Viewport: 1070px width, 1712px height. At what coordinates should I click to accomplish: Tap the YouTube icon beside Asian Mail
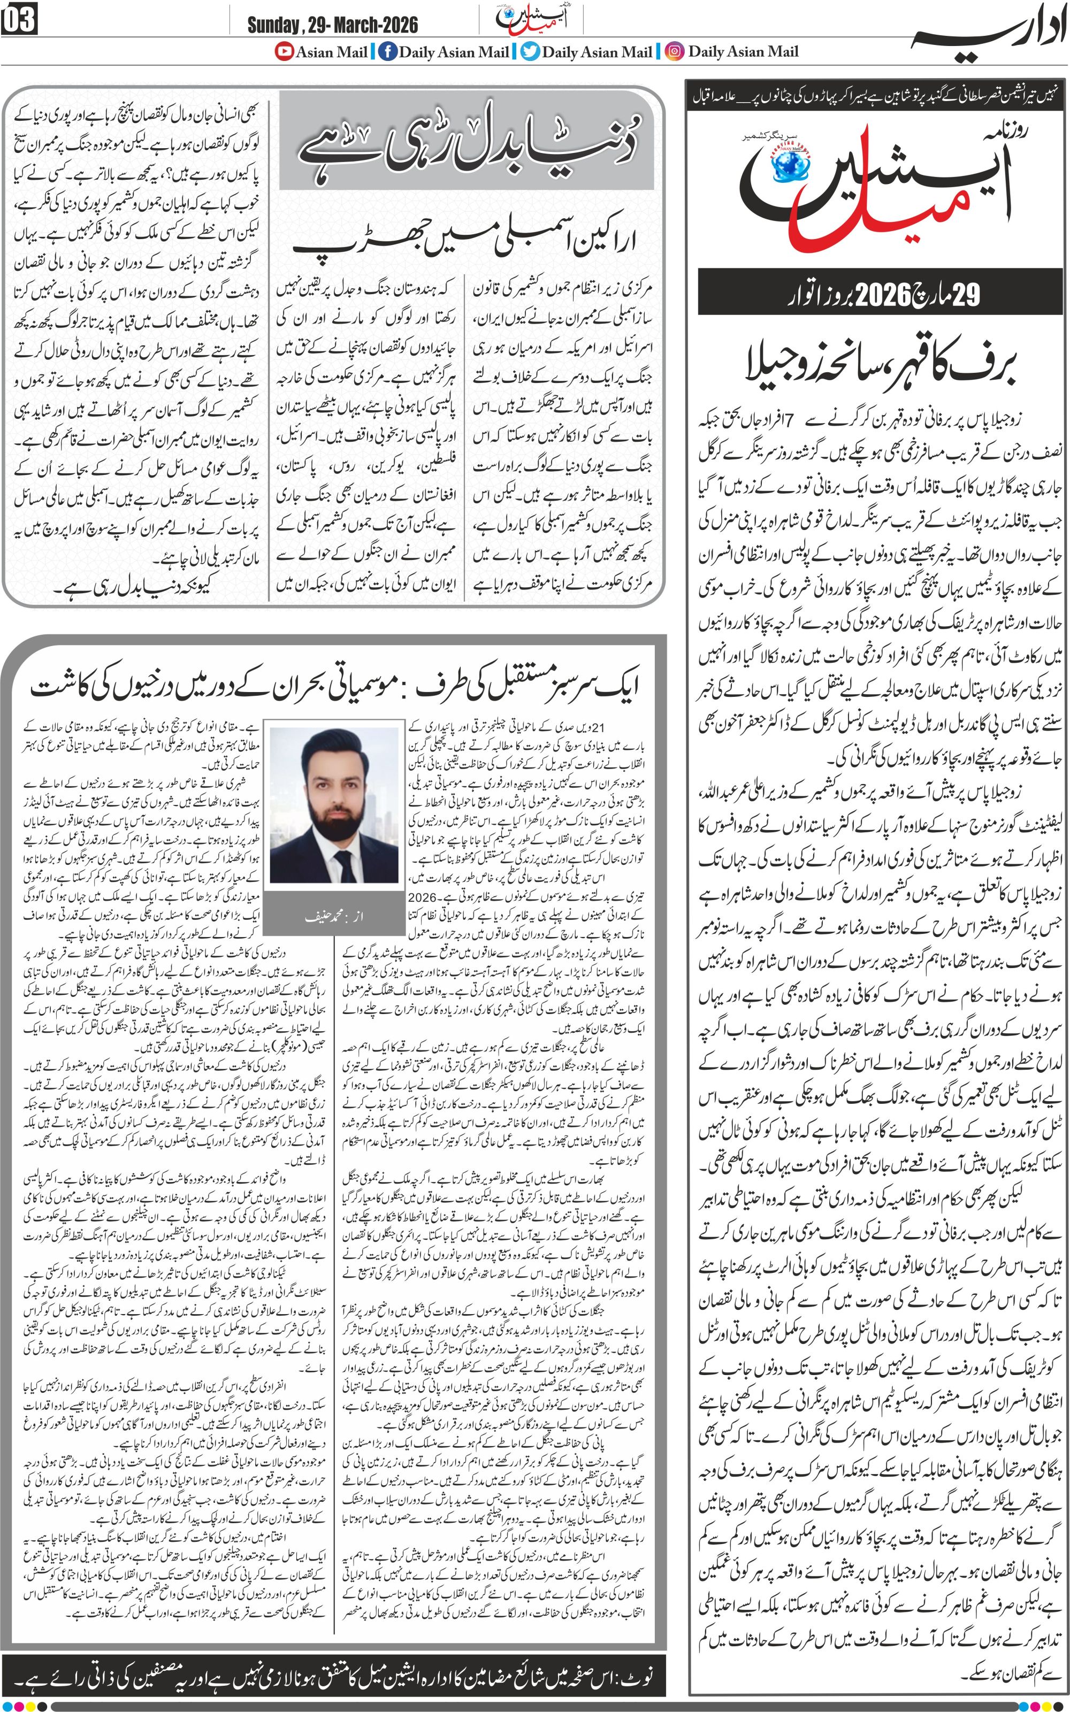[x=284, y=52]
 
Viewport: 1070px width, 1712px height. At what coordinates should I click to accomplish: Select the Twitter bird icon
[x=530, y=52]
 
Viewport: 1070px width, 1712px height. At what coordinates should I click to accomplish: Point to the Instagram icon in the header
[x=676, y=52]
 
